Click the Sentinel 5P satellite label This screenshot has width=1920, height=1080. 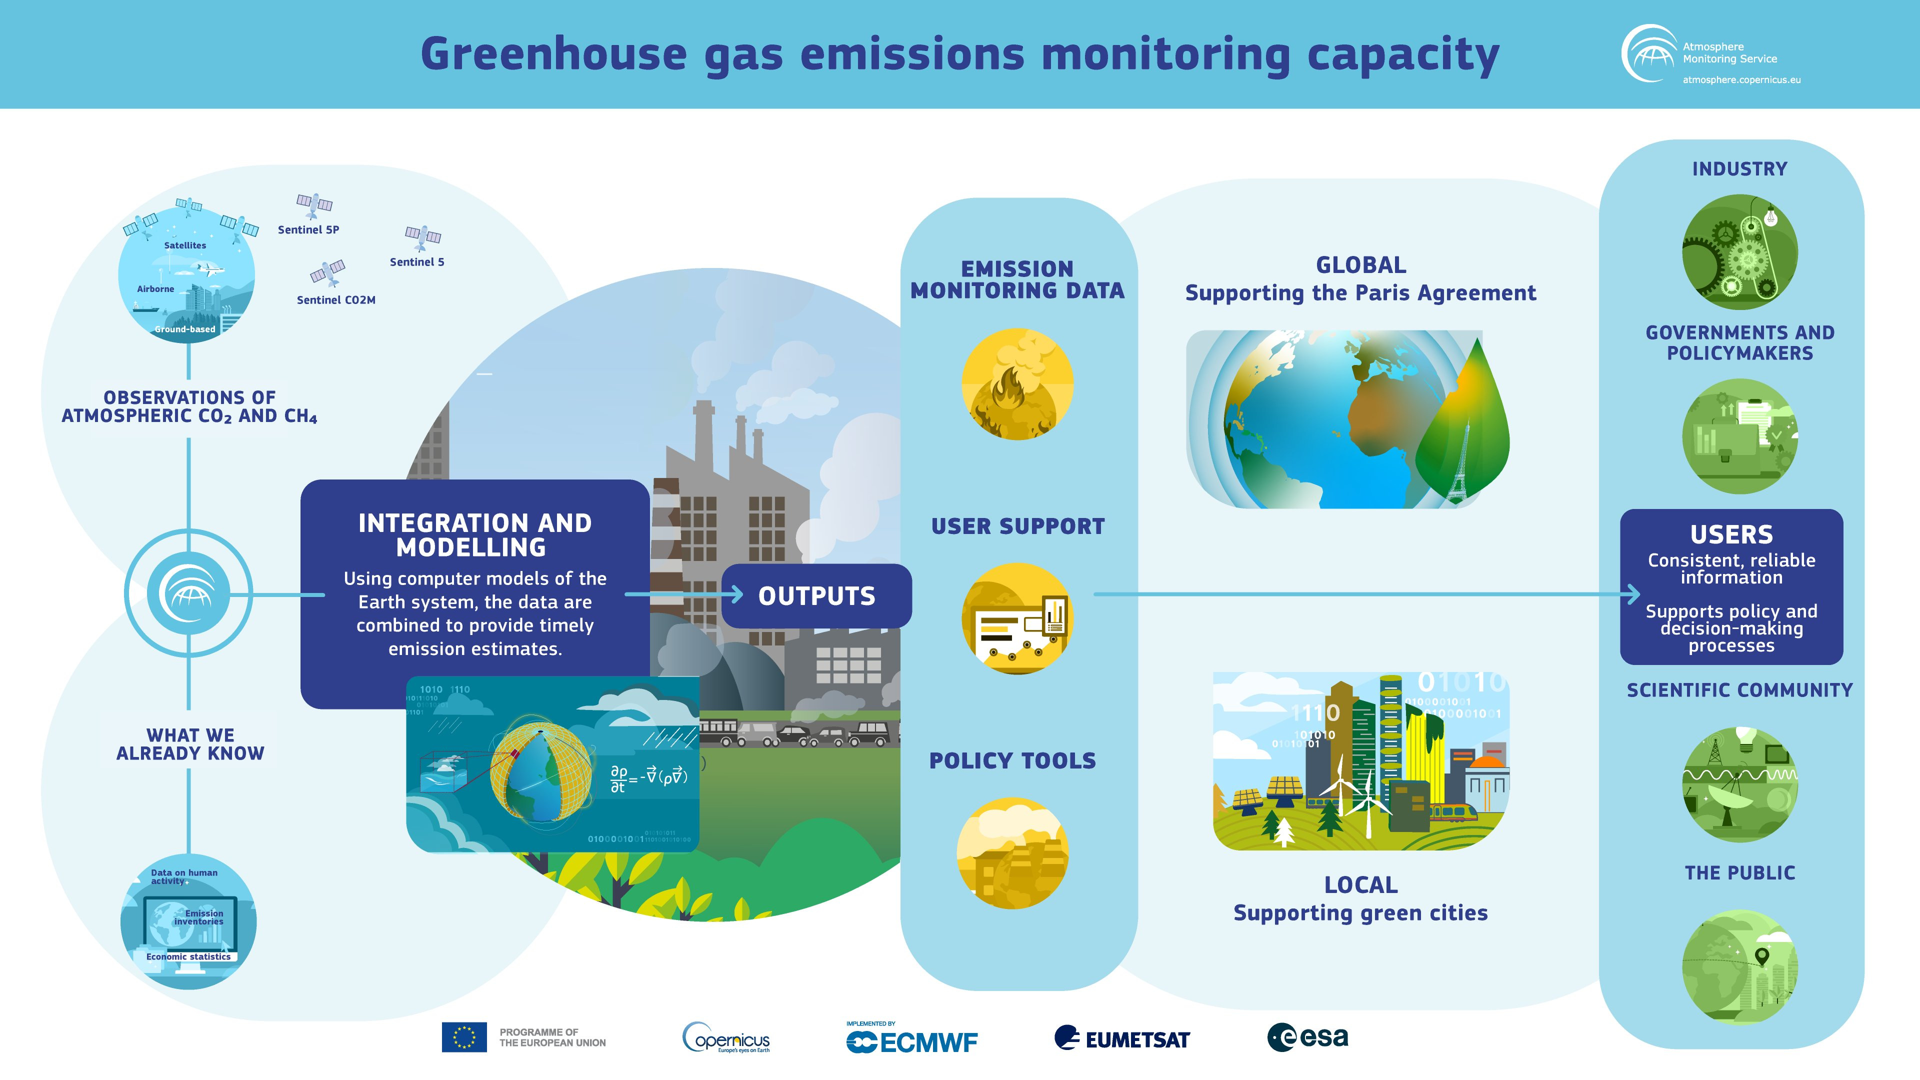point(308,229)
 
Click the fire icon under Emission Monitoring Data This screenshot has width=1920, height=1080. point(1017,384)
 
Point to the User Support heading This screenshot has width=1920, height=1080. point(1018,526)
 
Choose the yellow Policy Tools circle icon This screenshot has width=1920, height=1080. point(1012,853)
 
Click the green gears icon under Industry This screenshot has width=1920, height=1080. point(1739,252)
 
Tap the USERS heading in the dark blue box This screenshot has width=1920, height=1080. point(1731,534)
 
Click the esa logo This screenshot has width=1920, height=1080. point(1308,1037)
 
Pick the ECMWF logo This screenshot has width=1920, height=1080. point(911,1038)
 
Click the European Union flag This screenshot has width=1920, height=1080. point(464,1037)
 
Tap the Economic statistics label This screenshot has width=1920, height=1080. point(188,956)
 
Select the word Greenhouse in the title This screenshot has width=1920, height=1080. point(554,54)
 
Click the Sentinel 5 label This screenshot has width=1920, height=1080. point(416,261)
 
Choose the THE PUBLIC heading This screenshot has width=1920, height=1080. point(1739,873)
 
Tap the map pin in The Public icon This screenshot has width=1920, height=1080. point(1762,956)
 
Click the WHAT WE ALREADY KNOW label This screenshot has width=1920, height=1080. point(190,744)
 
